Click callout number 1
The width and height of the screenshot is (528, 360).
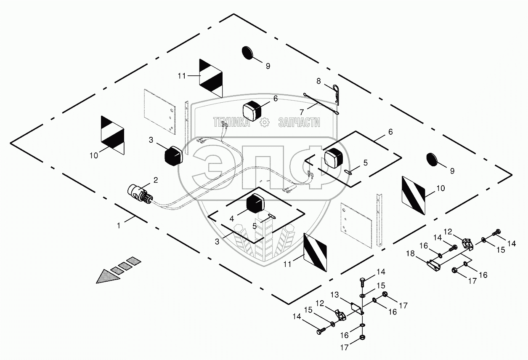click(x=119, y=226)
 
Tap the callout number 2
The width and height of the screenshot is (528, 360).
click(x=155, y=180)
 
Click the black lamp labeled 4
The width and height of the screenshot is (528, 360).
click(x=256, y=203)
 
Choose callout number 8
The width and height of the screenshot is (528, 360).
click(x=318, y=80)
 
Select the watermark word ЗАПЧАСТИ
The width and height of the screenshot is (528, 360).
click(x=299, y=123)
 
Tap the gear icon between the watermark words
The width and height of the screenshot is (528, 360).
click(x=265, y=123)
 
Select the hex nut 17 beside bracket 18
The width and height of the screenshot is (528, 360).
click(x=455, y=270)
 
